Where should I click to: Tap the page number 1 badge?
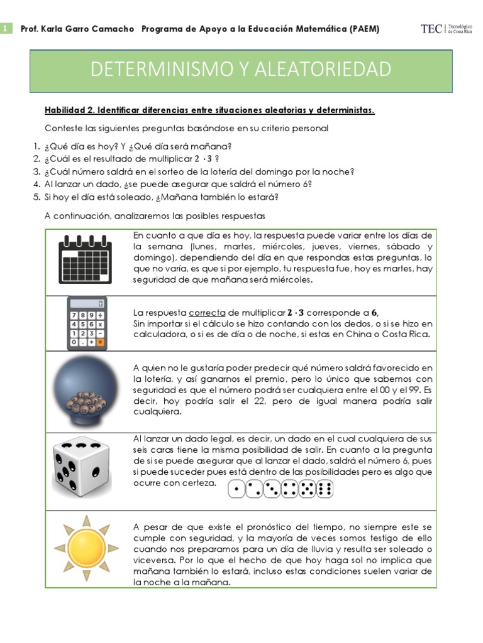click(x=6, y=29)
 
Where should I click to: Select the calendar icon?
click(x=86, y=261)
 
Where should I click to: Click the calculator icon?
click(x=87, y=323)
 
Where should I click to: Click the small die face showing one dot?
click(x=236, y=489)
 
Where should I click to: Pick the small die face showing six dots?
click(x=326, y=489)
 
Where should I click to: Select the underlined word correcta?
click(x=207, y=312)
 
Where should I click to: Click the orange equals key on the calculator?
click(x=101, y=343)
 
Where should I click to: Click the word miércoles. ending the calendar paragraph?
click(x=290, y=280)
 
